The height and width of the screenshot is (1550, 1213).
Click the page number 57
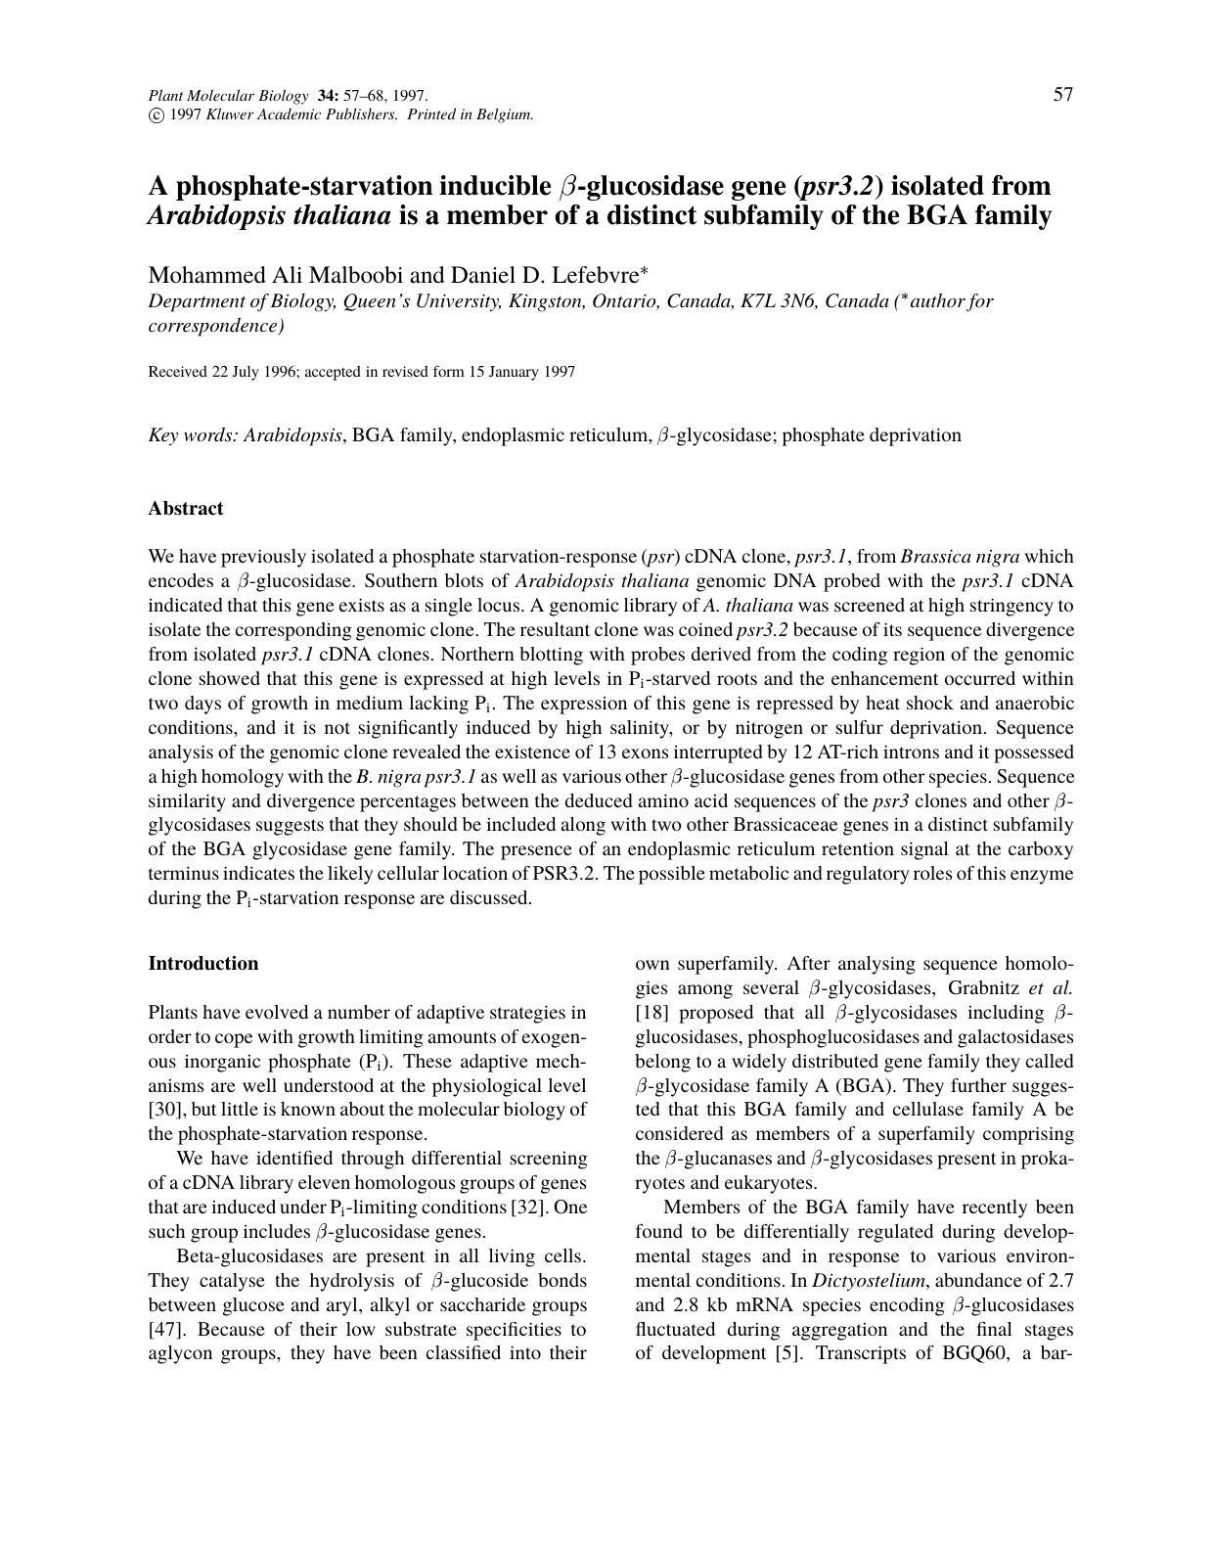(1062, 95)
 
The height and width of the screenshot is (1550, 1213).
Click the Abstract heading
(186, 508)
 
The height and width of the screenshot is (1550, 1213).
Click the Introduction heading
(203, 963)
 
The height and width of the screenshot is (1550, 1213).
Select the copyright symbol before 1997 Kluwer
(156, 114)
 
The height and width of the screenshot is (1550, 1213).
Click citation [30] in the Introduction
(161, 1110)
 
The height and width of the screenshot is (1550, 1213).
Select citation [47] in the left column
(161, 1329)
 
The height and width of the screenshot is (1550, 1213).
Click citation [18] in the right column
(651, 1013)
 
